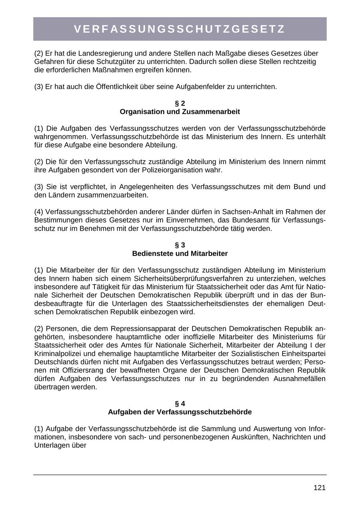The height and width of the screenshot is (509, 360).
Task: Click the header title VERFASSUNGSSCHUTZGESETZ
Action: coord(180,29)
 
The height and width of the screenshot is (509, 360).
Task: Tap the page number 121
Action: coord(320,488)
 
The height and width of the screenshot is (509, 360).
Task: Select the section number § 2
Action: coord(180,103)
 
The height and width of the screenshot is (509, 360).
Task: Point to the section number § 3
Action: coord(180,245)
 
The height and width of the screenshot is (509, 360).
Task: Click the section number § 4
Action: coord(180,403)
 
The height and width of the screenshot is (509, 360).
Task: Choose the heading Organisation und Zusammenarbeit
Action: coord(180,112)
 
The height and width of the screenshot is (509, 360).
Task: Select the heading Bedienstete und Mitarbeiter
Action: coord(180,254)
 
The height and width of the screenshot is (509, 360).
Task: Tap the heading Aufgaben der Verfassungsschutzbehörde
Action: coord(180,412)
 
